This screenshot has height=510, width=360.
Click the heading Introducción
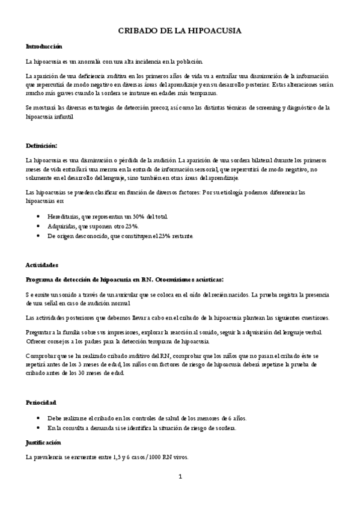point(44,46)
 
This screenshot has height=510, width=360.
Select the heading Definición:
point(41,146)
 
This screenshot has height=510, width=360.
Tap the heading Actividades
point(42,265)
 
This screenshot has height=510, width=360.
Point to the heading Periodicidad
point(43,402)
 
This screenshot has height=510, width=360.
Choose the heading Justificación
point(44,442)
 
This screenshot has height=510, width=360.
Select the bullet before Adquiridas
point(39,226)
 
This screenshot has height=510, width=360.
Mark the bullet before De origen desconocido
point(39,236)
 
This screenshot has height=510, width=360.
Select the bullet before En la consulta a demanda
point(39,428)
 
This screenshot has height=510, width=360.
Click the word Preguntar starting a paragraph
point(40,333)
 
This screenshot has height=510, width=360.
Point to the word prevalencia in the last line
point(53,457)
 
